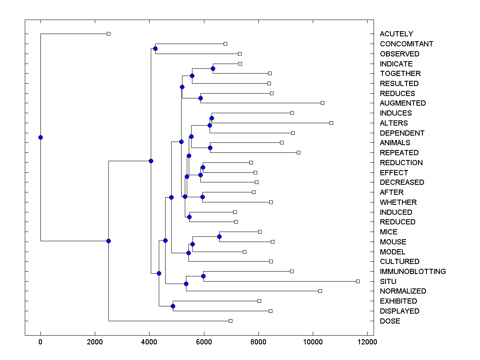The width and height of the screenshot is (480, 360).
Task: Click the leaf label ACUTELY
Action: point(396,34)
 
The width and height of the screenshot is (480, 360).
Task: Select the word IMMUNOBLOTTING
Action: point(413,272)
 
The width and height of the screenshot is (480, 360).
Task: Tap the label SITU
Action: point(388,282)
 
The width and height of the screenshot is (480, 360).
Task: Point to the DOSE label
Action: point(390,321)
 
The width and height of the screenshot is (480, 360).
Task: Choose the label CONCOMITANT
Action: point(406,44)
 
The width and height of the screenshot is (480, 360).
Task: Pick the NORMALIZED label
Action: point(403,291)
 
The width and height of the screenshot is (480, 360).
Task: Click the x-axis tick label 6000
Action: point(204,342)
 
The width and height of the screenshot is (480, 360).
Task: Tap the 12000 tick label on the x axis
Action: point(367,342)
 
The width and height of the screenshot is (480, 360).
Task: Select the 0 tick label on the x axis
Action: point(40,342)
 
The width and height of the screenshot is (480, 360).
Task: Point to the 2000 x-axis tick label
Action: point(95,342)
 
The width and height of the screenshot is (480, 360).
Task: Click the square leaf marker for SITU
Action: point(358,281)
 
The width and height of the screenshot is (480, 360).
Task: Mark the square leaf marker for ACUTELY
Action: point(108,34)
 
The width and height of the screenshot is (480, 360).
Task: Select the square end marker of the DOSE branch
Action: point(230,321)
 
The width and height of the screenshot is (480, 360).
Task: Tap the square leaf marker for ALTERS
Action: point(331,123)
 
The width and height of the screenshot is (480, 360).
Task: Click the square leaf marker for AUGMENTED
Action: point(322,103)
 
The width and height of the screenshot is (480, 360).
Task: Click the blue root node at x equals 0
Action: point(40,137)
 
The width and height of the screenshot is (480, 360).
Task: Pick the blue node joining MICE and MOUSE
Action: point(219,236)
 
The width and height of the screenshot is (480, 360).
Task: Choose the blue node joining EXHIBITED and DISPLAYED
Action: point(173,306)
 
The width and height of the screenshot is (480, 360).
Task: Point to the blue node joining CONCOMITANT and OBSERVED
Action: point(155,48)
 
